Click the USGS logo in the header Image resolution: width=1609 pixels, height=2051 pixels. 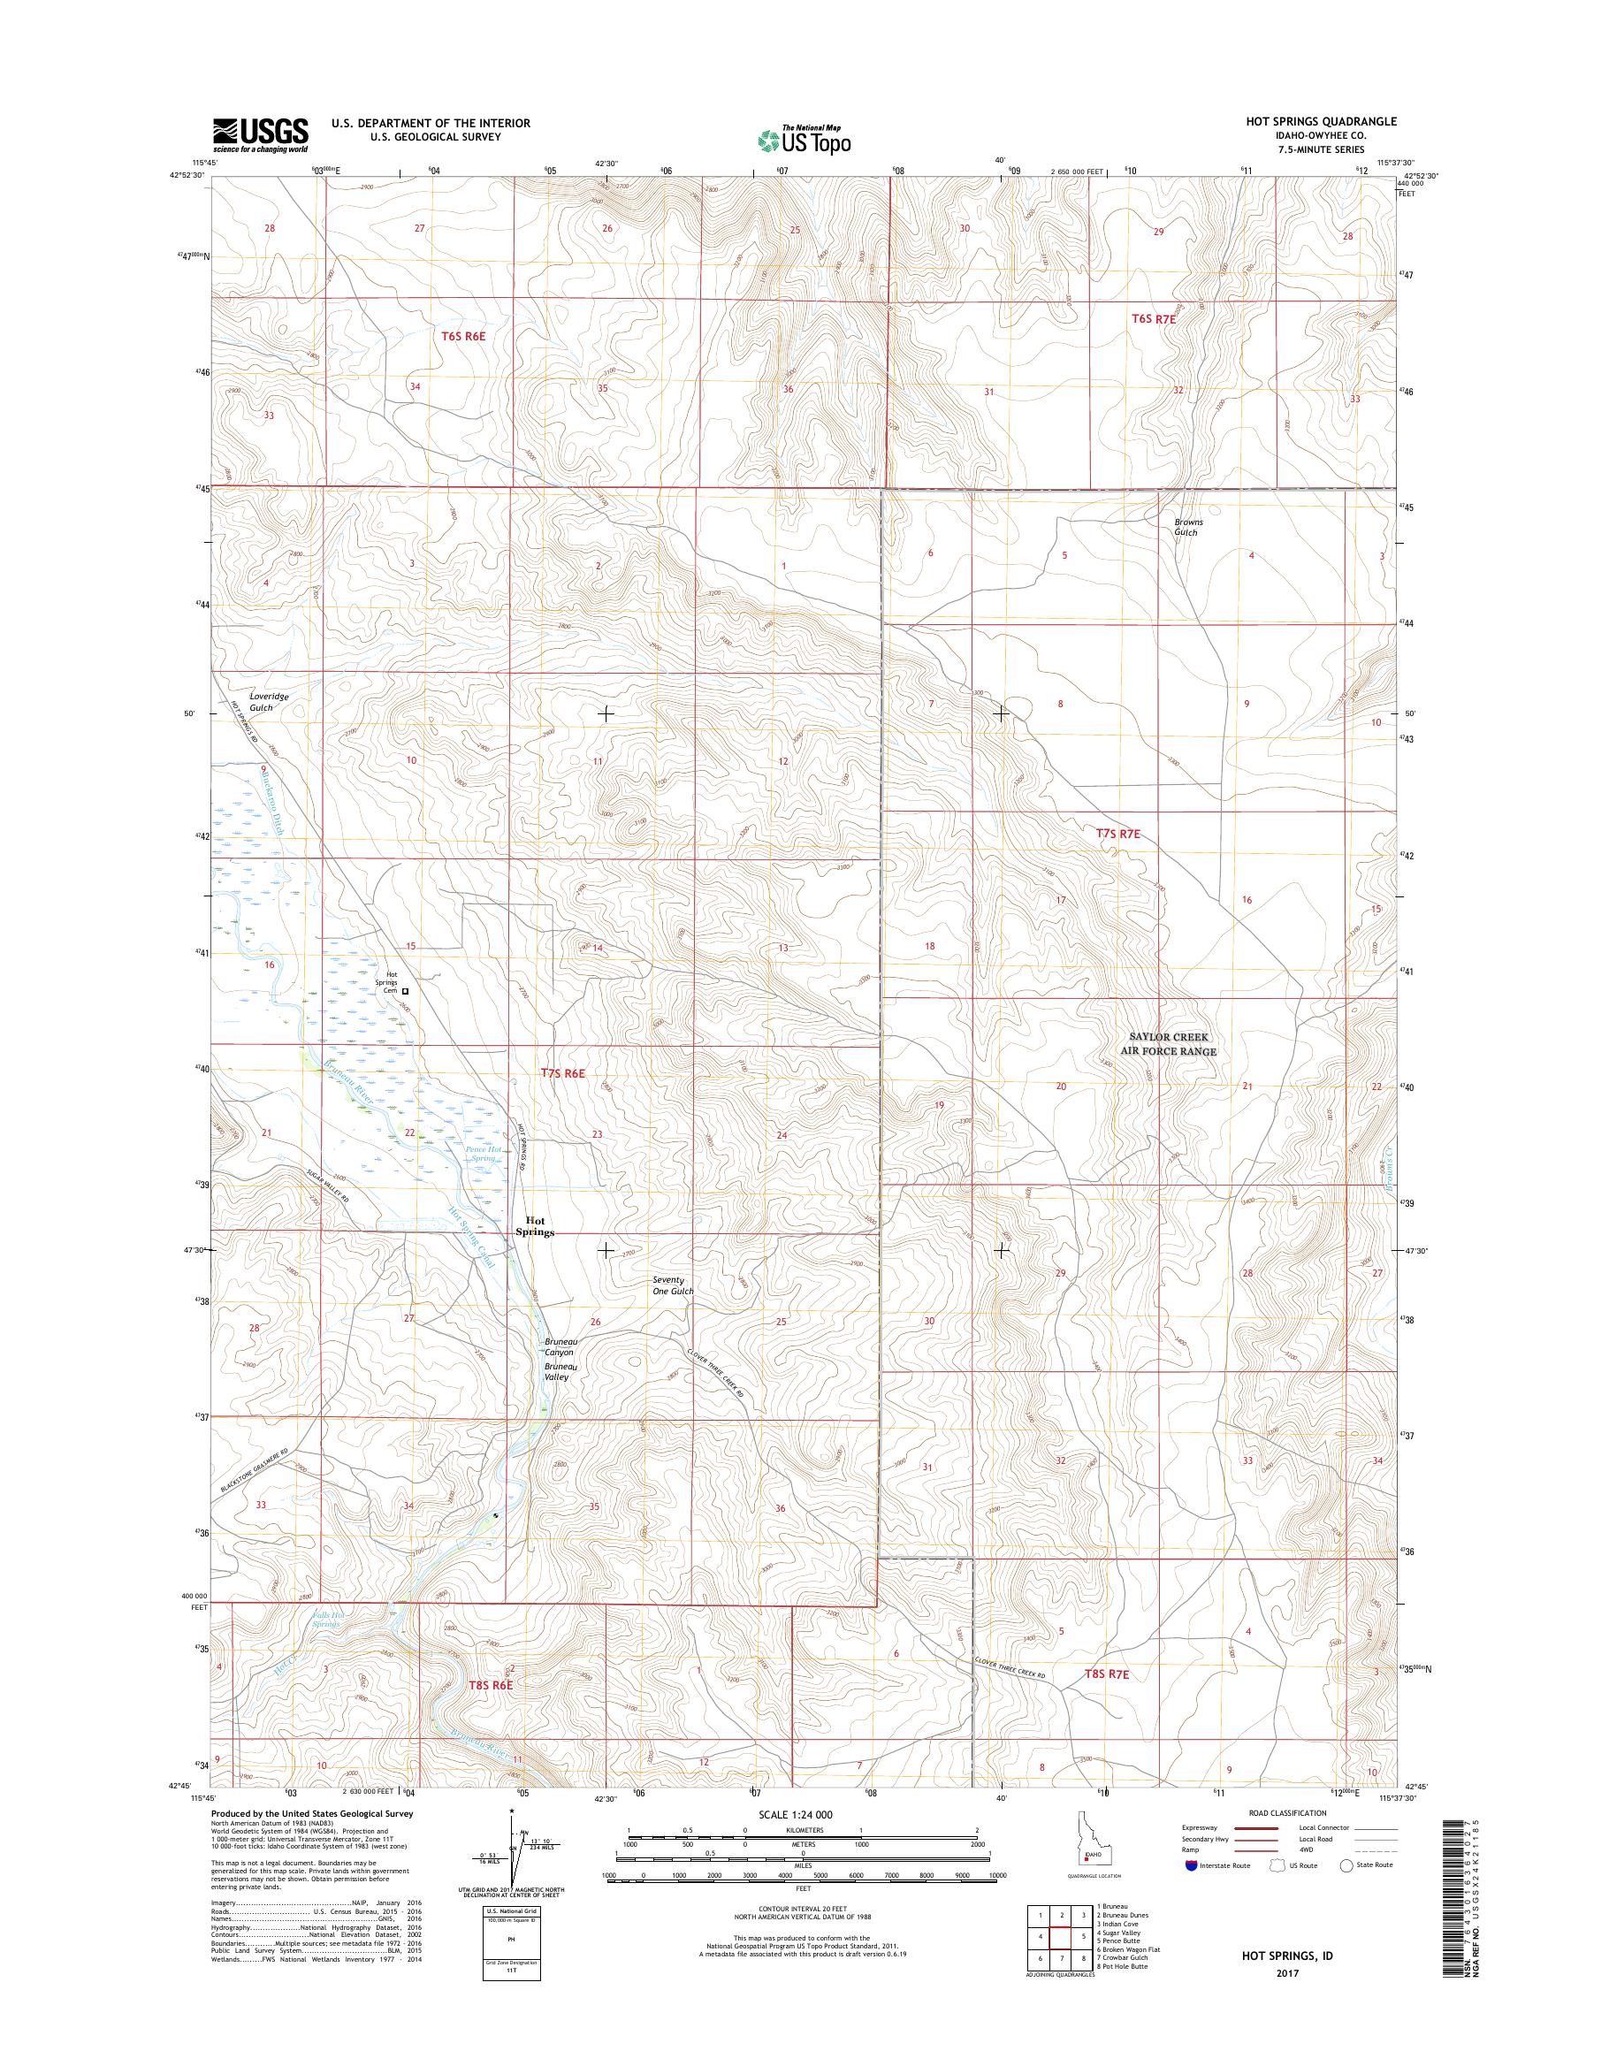tap(261, 134)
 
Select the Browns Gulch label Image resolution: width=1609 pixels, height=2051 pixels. tap(1187, 527)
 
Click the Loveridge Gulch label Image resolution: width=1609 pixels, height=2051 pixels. tap(269, 701)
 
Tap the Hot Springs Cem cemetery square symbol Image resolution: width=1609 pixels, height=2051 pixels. tap(406, 991)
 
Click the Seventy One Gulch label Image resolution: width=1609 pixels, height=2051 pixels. tap(673, 1285)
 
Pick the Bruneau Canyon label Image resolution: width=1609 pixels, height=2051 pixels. tap(560, 1346)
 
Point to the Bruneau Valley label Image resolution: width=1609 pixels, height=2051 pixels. tap(559, 1371)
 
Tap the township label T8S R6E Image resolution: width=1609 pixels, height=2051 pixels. tap(490, 1684)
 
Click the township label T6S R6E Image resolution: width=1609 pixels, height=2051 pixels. tap(462, 335)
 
